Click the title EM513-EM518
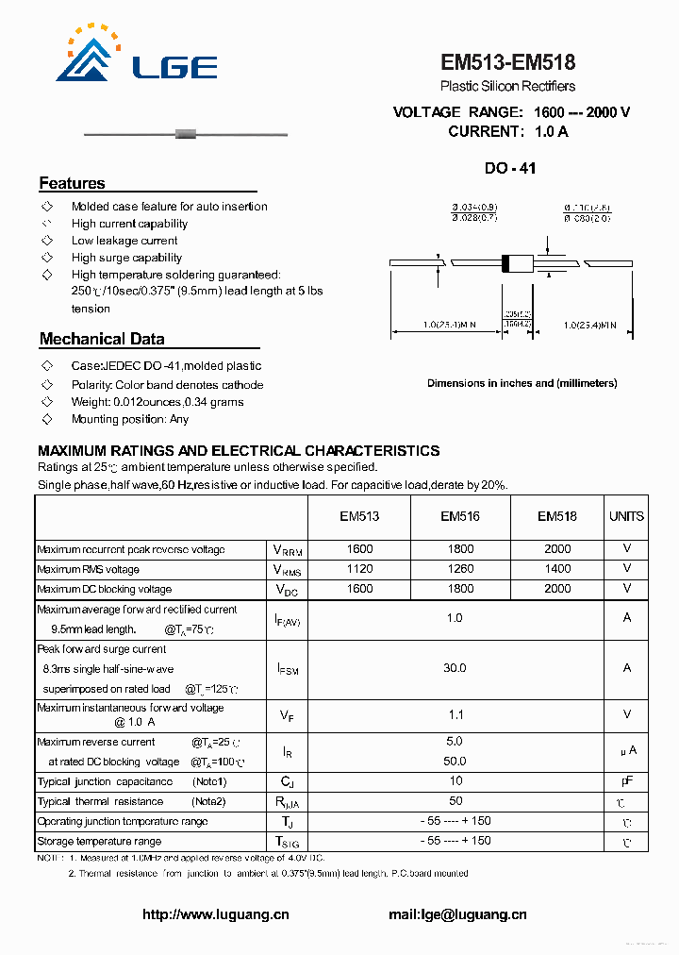point(507,62)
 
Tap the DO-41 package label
point(510,169)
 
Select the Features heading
point(72,183)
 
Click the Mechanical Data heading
point(102,339)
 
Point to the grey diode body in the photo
point(186,135)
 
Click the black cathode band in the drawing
point(505,263)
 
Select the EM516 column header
point(460,516)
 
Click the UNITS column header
point(626,516)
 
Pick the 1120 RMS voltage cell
point(359,569)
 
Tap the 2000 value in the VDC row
point(557,589)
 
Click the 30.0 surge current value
point(455,668)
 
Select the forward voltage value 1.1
point(455,715)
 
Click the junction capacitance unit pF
point(626,781)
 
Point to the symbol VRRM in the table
point(287,550)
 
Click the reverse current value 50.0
point(455,762)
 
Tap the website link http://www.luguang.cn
point(216,914)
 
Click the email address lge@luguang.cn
point(457,914)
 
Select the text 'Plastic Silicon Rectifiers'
point(507,87)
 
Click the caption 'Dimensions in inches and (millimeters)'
point(522,383)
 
